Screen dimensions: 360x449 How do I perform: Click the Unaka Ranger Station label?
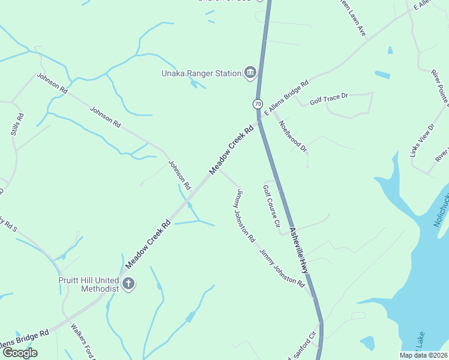tap(200, 74)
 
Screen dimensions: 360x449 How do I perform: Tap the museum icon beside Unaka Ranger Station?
tap(250, 74)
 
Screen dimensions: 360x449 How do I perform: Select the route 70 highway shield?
tap(258, 104)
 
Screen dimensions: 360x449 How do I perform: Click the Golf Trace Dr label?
tap(329, 100)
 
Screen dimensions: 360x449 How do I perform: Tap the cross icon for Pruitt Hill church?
tap(128, 284)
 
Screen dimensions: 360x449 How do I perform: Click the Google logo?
tap(20, 353)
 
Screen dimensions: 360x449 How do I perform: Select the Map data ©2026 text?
tap(423, 355)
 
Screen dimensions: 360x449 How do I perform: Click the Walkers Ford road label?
tap(83, 342)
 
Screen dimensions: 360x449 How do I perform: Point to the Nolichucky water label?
tap(441, 213)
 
